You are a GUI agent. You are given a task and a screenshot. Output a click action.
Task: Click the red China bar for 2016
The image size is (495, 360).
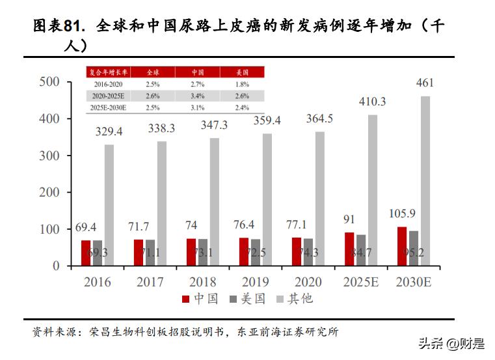(x=86, y=253)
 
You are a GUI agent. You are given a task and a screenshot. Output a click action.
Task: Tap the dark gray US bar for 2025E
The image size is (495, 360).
(x=361, y=250)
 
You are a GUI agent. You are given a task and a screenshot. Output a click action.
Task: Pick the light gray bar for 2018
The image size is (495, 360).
(x=215, y=202)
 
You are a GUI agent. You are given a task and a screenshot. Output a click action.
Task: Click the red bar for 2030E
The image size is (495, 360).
(x=402, y=246)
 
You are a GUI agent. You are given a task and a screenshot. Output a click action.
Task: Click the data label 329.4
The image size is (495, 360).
(x=109, y=132)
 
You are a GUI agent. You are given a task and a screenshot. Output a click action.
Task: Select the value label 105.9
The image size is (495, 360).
(x=401, y=214)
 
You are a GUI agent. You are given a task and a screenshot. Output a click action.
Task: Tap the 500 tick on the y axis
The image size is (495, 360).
(x=49, y=82)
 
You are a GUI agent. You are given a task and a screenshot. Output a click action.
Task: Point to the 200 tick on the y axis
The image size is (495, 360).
(x=49, y=193)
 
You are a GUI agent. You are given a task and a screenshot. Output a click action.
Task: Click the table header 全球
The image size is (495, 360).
(x=152, y=72)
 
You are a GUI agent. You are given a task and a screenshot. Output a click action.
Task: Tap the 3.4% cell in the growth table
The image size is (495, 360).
(x=198, y=96)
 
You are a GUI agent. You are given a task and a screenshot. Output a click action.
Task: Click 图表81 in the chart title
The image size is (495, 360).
(x=59, y=26)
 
